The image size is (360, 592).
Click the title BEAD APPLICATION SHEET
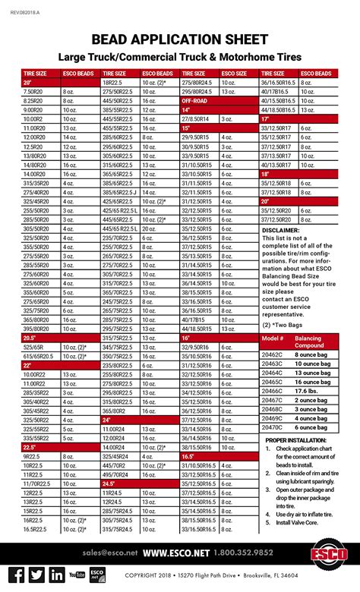pos(180,39)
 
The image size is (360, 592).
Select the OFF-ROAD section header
pos(195,100)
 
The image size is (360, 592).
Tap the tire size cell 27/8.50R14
pos(195,119)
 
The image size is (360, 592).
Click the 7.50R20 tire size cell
pos(33,91)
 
